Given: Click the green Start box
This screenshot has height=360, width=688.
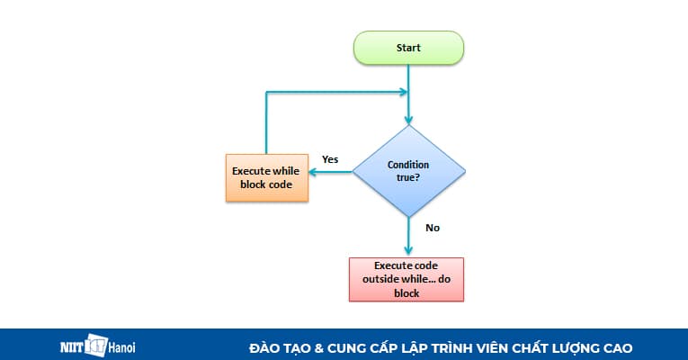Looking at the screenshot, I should point(408,48).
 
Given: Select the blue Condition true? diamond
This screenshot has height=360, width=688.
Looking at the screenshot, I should point(408,171).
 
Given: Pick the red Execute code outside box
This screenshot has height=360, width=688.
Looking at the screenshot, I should point(406,279).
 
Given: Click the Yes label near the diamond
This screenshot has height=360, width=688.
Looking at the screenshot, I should point(330,159).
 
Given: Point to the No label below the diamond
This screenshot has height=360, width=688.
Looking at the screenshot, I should point(433,228).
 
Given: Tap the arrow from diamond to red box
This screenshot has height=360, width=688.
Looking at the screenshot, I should point(408,238).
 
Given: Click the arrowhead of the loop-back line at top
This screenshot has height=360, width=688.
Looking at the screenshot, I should point(402,91).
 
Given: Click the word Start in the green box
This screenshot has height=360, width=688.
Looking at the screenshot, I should point(408,48).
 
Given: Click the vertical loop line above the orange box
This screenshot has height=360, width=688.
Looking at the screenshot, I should point(266,121).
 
